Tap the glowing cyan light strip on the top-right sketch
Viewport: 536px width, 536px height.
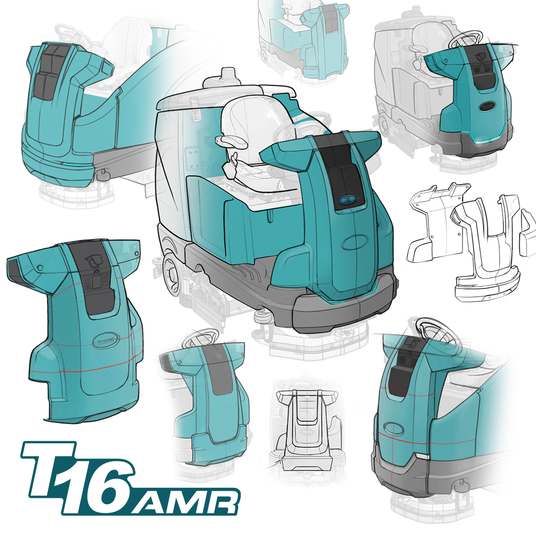point(489,140)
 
